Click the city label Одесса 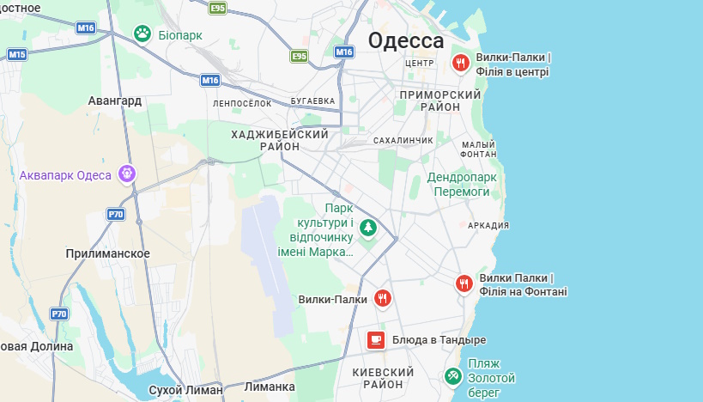pyautogui.click(x=406, y=40)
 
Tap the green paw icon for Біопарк pyautogui.click(x=142, y=33)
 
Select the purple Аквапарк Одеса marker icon pyautogui.click(x=127, y=174)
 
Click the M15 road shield pyautogui.click(x=17, y=54)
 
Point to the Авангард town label pyautogui.click(x=114, y=100)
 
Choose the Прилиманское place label pyautogui.click(x=107, y=253)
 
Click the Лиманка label pyautogui.click(x=270, y=387)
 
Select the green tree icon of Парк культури pyautogui.click(x=368, y=228)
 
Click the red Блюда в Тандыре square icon pyautogui.click(x=375, y=339)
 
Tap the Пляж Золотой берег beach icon pyautogui.click(x=452, y=375)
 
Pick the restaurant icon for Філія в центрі pyautogui.click(x=461, y=63)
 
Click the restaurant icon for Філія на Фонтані pyautogui.click(x=464, y=283)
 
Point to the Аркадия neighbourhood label pyautogui.click(x=488, y=225)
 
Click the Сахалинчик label pyautogui.click(x=403, y=139)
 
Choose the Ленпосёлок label pyautogui.click(x=242, y=103)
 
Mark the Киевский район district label pyautogui.click(x=383, y=378)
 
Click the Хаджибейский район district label pyautogui.click(x=280, y=141)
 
